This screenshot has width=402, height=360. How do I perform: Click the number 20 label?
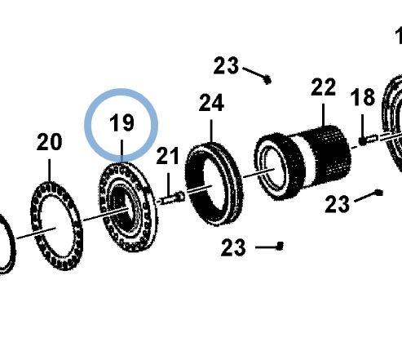pyautogui.click(x=49, y=142)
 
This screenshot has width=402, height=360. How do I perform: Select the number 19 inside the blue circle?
pyautogui.click(x=121, y=122)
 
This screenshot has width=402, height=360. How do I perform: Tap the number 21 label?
pyautogui.click(x=168, y=156)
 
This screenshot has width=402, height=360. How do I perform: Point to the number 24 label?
pyautogui.click(x=211, y=103)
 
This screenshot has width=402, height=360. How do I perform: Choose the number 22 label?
pyautogui.click(x=323, y=87)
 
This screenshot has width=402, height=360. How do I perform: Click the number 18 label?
pyautogui.click(x=363, y=97)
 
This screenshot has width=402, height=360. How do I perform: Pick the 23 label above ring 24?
pyautogui.click(x=226, y=65)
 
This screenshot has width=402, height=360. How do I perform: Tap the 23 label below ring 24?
pyautogui.click(x=233, y=247)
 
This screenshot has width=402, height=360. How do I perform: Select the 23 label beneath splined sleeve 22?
pyautogui.click(x=338, y=204)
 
